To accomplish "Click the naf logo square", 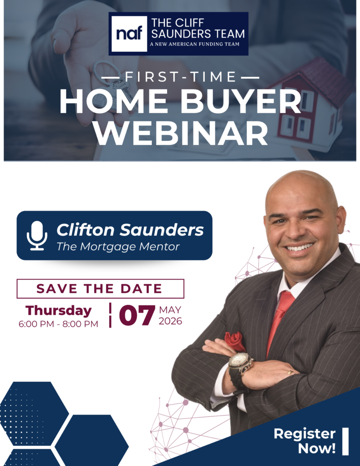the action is point(129,34).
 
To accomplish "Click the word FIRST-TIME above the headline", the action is point(180,77).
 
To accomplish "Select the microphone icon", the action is point(37,236).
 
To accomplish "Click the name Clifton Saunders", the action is point(130,230).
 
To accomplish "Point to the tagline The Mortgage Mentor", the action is point(118,246).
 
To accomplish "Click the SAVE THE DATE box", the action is point(101,289).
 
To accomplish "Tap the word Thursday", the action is point(59,311).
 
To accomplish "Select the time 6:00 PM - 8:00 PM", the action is point(58,324).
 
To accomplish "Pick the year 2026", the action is point(170,321).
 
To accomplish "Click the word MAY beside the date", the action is point(170,309).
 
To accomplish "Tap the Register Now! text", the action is point(305,441).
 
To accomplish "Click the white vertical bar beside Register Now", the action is point(345,441).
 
